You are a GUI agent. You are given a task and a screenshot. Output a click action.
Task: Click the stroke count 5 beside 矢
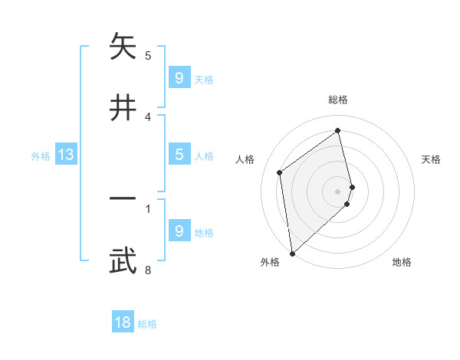tap(148, 55)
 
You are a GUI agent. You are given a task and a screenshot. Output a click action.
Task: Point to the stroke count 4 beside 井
tap(148, 116)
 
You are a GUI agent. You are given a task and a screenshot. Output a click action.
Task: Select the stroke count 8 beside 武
tap(148, 270)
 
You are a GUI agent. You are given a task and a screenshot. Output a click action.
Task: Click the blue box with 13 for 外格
tap(66, 155)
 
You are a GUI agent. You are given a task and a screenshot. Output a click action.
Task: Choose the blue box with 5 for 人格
tap(179, 155)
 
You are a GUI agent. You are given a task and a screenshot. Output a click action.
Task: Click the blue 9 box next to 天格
tap(179, 78)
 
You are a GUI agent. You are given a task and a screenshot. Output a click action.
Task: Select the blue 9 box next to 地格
tap(179, 231)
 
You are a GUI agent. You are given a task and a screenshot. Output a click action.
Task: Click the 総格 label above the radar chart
tap(338, 100)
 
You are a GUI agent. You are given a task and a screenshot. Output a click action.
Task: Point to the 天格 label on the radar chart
tap(432, 159)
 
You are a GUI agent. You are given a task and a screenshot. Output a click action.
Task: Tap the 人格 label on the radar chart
tap(245, 159)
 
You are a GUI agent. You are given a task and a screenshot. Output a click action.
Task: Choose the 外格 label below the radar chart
tap(269, 262)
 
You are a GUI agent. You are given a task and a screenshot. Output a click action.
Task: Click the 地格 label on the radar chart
tap(402, 262)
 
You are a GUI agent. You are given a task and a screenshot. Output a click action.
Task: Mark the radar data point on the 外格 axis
tap(291, 253)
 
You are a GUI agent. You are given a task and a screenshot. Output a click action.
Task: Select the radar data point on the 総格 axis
tap(338, 131)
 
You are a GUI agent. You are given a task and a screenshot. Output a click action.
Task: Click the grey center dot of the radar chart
tap(338, 191)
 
